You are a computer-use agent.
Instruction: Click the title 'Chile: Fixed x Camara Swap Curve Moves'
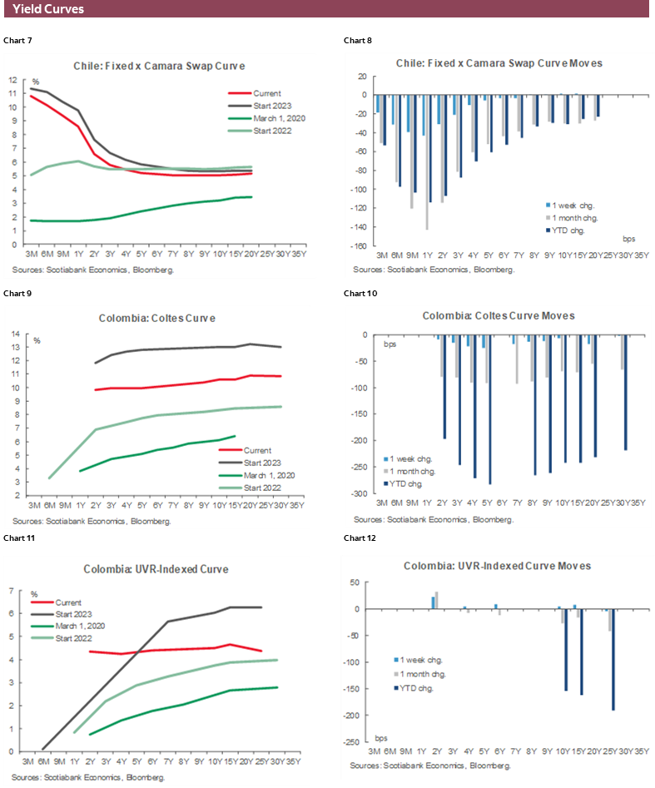point(499,63)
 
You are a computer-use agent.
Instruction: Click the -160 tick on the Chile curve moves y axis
point(360,246)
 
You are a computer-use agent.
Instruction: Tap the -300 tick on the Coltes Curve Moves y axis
point(363,493)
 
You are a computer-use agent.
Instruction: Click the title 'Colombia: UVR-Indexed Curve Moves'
point(498,566)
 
